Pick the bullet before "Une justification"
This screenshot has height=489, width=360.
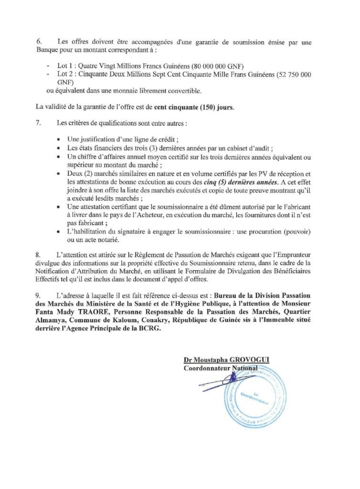click(x=58, y=139)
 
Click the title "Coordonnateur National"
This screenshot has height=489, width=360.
click(x=221, y=368)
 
